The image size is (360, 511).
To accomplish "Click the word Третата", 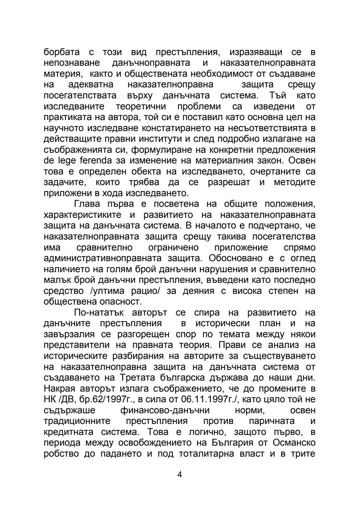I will pos(144,378).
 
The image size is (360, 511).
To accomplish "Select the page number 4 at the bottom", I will pos(180,475).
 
